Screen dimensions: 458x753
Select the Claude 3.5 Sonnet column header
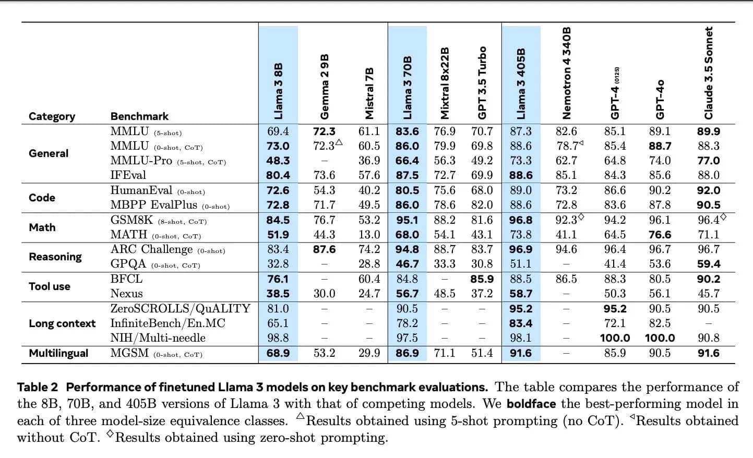click(708, 73)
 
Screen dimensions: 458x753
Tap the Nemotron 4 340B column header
click(567, 73)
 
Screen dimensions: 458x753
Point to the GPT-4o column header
click(660, 99)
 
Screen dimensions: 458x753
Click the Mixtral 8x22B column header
click(445, 83)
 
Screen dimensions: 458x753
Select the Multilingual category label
click(58, 353)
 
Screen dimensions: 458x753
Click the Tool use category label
click(50, 286)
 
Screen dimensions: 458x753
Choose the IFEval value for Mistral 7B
click(369, 175)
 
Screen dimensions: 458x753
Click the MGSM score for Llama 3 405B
click(521, 353)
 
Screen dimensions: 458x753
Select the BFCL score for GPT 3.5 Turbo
click(482, 279)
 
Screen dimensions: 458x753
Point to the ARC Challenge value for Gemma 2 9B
click(324, 249)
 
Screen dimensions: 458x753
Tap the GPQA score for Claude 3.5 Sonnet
click(708, 264)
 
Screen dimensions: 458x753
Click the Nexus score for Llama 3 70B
click(407, 294)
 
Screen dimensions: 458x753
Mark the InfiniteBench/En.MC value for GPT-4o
click(660, 323)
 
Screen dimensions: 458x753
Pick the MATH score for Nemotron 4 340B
click(567, 235)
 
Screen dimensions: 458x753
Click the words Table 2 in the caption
click(38, 387)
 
